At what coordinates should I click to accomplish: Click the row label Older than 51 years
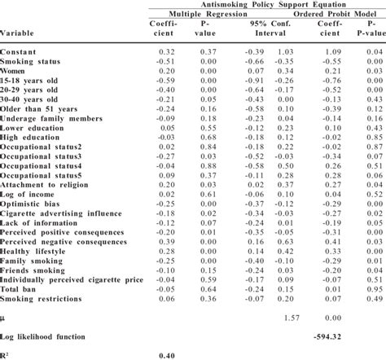point(41,108)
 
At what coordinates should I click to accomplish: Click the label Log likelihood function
point(47,336)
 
